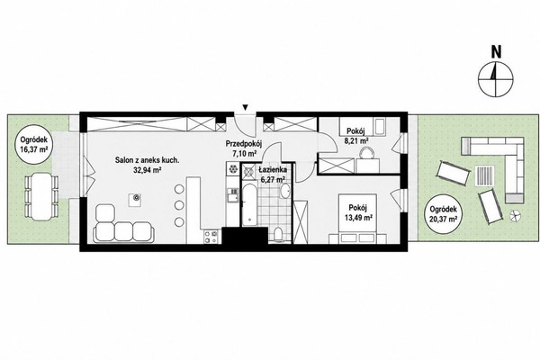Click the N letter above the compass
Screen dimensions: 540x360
[x=496, y=51]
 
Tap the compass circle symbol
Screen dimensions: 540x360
[x=496, y=79]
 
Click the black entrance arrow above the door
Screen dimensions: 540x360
[x=245, y=108]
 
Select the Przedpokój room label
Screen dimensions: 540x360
[x=244, y=143]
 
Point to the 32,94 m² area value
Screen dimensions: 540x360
[x=148, y=169]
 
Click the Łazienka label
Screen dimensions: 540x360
[x=273, y=170]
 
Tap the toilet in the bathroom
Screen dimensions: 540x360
[x=278, y=234]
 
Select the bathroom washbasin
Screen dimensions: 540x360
[x=284, y=191]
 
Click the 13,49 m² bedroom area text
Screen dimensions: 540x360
[x=358, y=218]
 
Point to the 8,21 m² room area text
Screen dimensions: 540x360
[x=356, y=140]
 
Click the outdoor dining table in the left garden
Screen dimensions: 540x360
[x=40, y=197]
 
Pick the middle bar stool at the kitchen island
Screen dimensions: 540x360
[x=179, y=205]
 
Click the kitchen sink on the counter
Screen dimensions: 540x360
[x=232, y=196]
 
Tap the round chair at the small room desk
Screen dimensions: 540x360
[x=366, y=153]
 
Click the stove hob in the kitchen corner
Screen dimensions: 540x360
[x=211, y=237]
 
